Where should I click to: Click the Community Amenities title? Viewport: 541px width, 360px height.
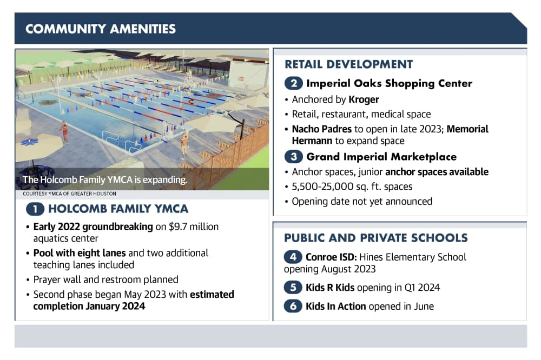click(x=101, y=29)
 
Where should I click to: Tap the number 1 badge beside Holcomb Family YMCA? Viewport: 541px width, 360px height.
click(x=35, y=209)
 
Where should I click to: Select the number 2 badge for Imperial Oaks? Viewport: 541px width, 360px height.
click(x=294, y=83)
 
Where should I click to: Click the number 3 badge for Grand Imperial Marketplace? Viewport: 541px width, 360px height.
click(x=294, y=157)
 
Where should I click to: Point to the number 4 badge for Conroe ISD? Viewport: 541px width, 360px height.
click(x=293, y=257)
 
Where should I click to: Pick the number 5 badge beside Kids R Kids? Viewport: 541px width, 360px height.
click(x=293, y=287)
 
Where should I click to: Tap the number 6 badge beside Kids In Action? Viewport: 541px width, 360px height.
click(x=293, y=306)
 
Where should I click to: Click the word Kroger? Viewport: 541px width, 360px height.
click(x=364, y=99)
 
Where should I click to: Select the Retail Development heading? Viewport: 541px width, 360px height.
click(x=348, y=64)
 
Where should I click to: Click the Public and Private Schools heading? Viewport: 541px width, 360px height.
click(x=376, y=238)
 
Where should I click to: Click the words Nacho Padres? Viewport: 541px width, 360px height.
click(x=321, y=129)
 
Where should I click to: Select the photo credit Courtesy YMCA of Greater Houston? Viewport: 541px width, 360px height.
click(x=69, y=194)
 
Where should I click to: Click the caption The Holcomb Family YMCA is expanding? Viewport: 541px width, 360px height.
click(x=105, y=179)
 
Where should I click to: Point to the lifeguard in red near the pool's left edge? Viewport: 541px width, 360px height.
click(x=64, y=132)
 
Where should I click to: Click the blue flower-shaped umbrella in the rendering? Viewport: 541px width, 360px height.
click(x=29, y=142)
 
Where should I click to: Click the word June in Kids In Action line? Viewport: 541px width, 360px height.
click(x=423, y=306)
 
